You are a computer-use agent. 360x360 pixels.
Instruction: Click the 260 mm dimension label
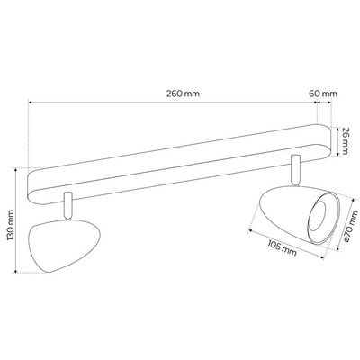(183, 94)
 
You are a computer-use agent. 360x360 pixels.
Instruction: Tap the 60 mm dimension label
(323, 94)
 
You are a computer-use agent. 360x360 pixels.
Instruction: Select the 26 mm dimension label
(346, 141)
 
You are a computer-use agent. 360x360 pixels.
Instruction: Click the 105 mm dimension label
(282, 247)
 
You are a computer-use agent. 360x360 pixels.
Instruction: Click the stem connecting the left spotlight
(67, 206)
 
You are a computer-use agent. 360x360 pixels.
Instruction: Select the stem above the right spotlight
(295, 170)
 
